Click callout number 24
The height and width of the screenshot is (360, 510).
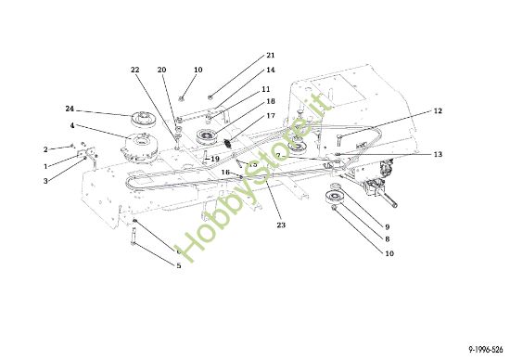(68, 109)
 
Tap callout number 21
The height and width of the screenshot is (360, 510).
(270, 56)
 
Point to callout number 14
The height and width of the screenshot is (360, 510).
(270, 71)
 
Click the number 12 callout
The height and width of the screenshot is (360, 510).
(437, 111)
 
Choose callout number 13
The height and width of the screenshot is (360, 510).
(437, 154)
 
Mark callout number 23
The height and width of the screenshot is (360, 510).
(281, 225)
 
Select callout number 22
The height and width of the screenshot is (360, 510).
(135, 71)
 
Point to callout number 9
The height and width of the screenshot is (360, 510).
(386, 227)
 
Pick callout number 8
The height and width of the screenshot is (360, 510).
(386, 239)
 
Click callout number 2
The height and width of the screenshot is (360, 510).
(45, 148)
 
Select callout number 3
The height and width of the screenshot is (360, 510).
(45, 181)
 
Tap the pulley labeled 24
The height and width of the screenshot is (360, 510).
(144, 119)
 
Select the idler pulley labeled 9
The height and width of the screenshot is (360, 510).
(331, 202)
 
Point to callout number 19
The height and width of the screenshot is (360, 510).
(214, 159)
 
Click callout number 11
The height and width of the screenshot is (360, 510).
(266, 89)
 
